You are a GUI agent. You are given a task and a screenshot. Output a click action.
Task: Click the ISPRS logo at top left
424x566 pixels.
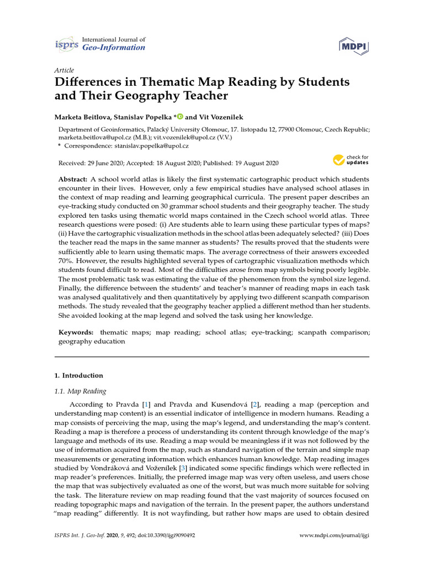(x=66, y=44)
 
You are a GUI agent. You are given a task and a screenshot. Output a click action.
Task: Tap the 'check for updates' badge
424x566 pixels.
(x=351, y=160)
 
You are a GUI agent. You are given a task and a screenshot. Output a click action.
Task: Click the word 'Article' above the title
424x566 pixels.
(x=64, y=70)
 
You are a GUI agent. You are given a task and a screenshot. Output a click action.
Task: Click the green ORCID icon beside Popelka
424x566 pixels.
(x=180, y=117)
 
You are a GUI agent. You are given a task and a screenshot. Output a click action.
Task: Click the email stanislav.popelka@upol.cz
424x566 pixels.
(x=151, y=146)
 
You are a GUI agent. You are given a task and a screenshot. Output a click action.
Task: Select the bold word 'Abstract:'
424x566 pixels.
(x=73, y=180)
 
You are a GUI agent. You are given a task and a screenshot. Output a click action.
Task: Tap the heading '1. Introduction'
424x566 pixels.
(x=78, y=375)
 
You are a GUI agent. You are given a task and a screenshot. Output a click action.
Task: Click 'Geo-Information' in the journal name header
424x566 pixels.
(x=113, y=48)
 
